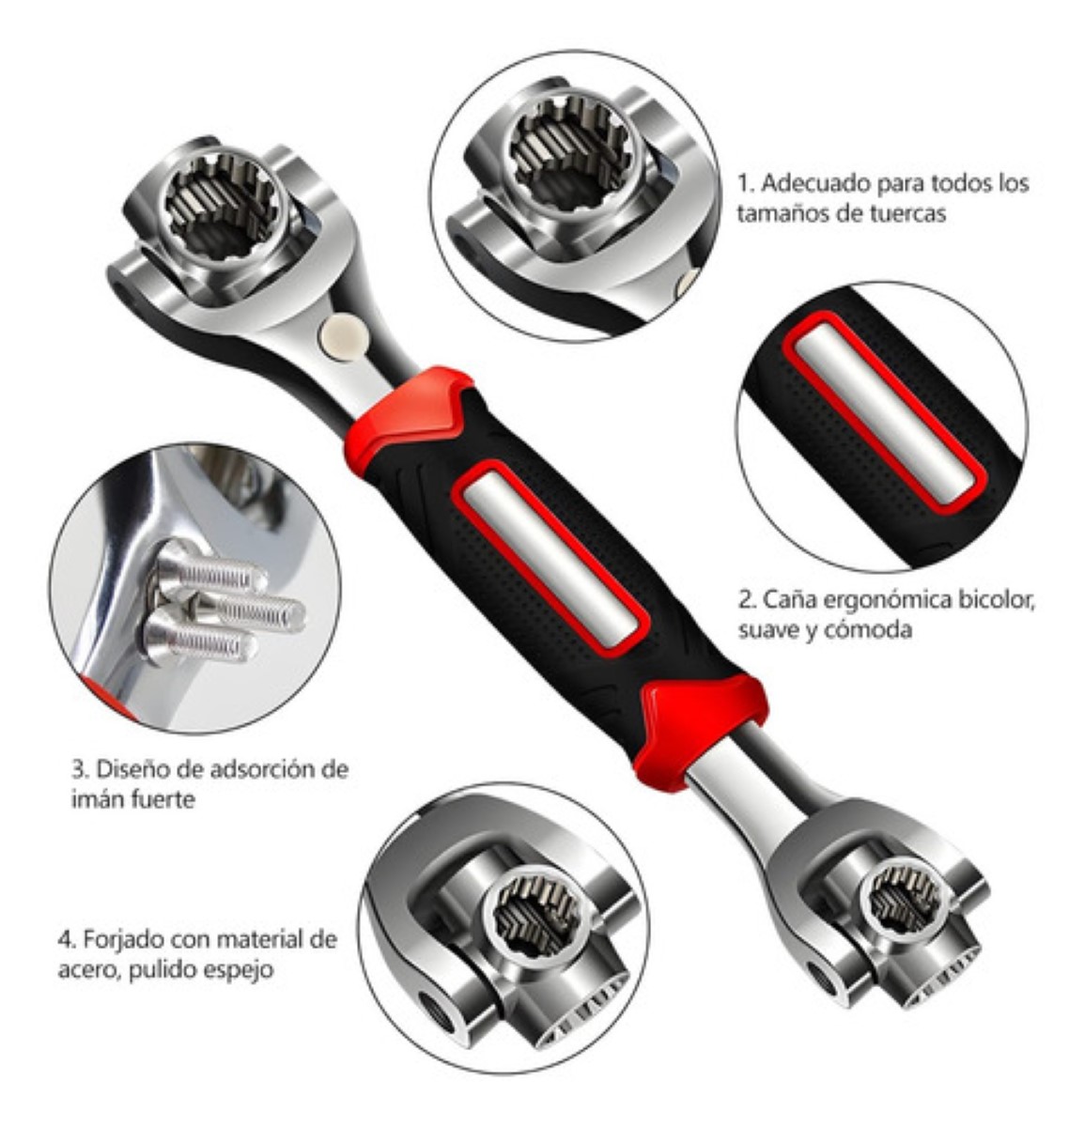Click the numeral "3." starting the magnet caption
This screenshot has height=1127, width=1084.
coord(80,770)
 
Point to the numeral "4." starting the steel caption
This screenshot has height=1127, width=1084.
coord(67,939)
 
